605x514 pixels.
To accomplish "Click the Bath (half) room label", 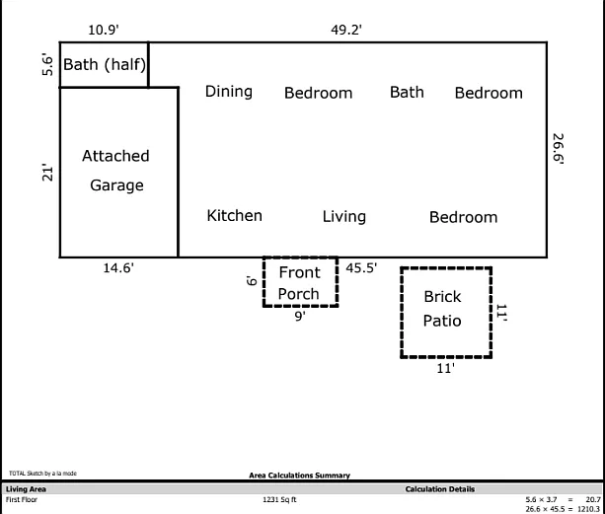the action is point(105,64).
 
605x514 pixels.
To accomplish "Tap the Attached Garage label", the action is point(115,171).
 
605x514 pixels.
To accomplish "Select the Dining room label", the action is point(229,92).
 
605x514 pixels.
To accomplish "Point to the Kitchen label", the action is point(235,215).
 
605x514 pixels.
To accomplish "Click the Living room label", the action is point(344,217).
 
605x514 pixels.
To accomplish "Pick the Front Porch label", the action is point(299,283).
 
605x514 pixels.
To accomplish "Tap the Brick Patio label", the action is point(442,309).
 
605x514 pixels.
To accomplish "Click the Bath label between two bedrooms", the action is point(407,92).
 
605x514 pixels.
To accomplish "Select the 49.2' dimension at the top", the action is point(346,30).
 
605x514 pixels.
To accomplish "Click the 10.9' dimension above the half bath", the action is point(104,30).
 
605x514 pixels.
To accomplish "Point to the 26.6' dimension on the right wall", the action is point(558,149).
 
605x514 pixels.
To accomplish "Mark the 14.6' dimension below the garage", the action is point(118,267).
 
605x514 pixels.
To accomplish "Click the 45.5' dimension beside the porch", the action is point(361,267).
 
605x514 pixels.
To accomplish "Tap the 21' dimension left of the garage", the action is point(47,173).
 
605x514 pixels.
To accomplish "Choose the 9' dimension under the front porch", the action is point(300,316).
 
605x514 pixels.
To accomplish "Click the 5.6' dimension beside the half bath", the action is point(47,64).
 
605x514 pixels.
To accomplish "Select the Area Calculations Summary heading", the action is point(299,476).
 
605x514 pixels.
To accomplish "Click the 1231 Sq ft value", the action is point(279,500).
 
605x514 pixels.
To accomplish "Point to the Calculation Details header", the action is point(440,489).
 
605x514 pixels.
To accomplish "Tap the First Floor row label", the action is point(22,500).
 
